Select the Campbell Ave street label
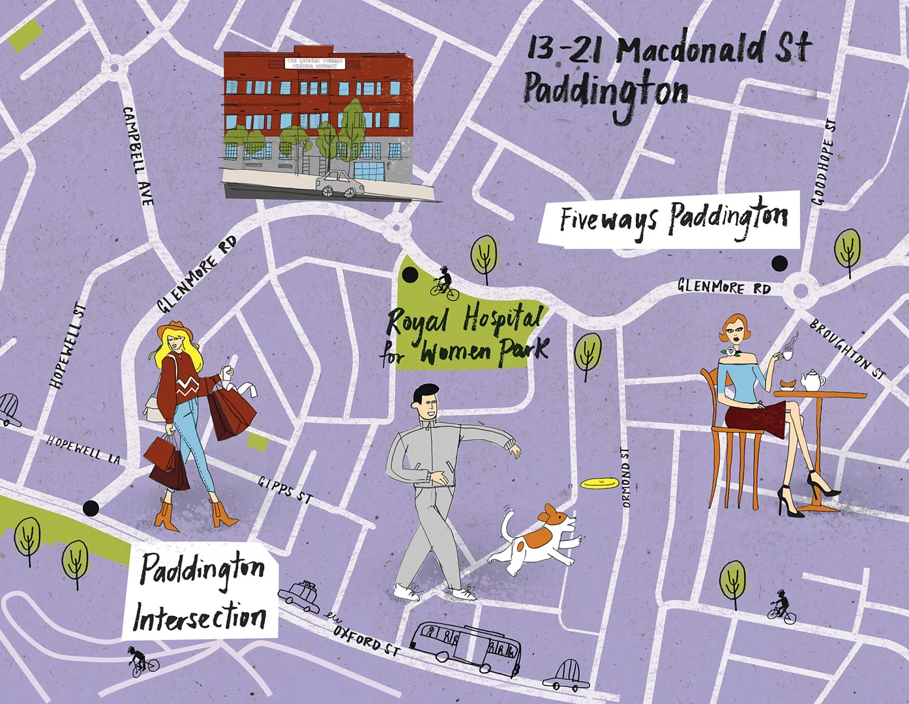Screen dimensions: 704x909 point(138,156)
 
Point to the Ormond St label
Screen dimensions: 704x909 point(626,478)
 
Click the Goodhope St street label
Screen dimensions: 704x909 point(824,162)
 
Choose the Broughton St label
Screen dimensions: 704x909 point(848,349)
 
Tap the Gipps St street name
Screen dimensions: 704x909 point(285,489)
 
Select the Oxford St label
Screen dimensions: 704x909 point(366,641)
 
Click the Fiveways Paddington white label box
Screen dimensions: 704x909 point(670,220)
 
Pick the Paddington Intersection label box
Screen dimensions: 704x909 point(200,592)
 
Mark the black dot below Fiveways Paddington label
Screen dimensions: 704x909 point(779,263)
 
